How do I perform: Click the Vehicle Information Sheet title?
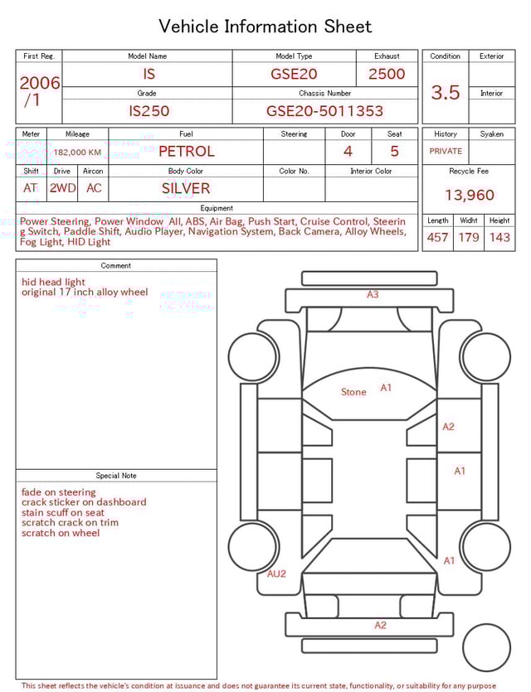pos(265,27)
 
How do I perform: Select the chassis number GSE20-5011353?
pos(324,111)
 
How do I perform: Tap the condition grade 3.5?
pos(446,93)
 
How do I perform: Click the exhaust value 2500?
pos(387,74)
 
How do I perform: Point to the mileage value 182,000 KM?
pos(78,152)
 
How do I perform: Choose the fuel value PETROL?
pos(186,152)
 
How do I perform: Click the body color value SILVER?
pos(186,188)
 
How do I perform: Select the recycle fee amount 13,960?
pos(469,196)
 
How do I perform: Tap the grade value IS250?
pos(149,111)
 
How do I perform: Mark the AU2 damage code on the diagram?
pos(276,573)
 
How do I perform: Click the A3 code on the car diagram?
pos(373,294)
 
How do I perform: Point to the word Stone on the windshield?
pos(353,392)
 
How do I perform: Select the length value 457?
pos(437,238)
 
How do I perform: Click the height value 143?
pos(499,238)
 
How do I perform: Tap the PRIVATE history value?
pos(446,152)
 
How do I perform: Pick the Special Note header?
pos(116,476)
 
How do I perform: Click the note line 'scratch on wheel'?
pos(61,533)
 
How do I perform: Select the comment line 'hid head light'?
pos(53,282)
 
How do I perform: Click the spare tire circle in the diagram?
pos(486,648)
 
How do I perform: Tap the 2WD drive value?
pos(62,188)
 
